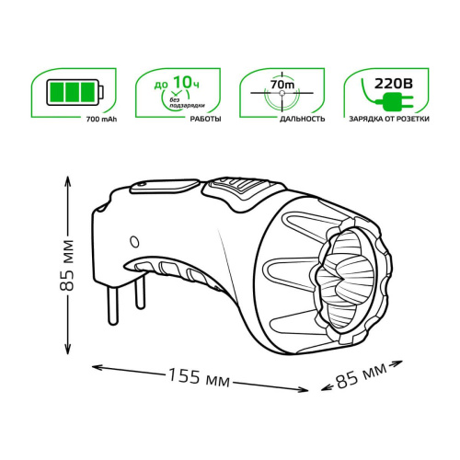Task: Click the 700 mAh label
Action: point(101,120)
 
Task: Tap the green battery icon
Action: point(75,92)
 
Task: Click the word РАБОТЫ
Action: point(205,119)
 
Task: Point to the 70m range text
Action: point(282,84)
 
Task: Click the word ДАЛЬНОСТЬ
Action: point(303,119)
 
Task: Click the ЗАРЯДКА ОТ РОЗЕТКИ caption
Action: point(389,119)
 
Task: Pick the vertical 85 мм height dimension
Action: point(67,266)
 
